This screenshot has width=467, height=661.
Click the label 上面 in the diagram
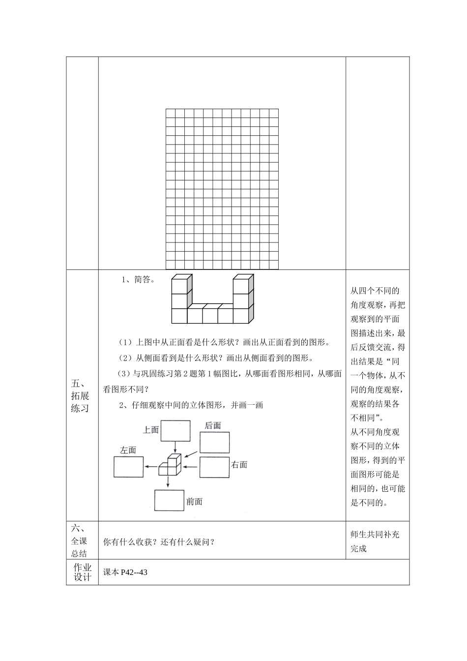tap(151, 430)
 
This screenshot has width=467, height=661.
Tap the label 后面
tap(213, 425)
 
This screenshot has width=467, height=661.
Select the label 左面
tap(128, 450)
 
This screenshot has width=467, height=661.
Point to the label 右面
tap(239, 464)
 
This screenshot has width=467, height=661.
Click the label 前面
tap(194, 502)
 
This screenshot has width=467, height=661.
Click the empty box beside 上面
tap(175, 431)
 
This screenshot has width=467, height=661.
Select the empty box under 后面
tap(214, 442)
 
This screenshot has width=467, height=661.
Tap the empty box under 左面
tap(129, 467)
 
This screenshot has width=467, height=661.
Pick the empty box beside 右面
tap(214, 467)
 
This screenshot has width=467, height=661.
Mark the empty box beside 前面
tap(170, 501)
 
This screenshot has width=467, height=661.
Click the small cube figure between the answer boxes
tap(170, 465)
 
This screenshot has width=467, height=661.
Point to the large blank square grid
tap(222, 189)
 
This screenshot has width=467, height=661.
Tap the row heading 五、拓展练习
tap(80, 395)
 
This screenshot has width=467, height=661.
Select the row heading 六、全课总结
tap(79, 541)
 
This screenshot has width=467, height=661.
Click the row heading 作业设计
tap(82, 572)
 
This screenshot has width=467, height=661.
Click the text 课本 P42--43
tap(125, 572)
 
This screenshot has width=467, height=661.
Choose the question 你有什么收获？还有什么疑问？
tap(159, 542)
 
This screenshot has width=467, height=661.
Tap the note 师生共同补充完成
tap(375, 541)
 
